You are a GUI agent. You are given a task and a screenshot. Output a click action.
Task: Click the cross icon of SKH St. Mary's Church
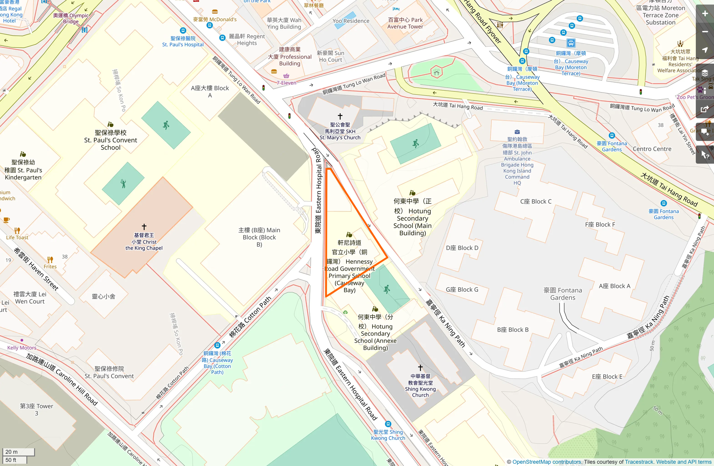coord(340,116)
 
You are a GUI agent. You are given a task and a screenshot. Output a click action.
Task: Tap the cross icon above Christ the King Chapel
coord(144,227)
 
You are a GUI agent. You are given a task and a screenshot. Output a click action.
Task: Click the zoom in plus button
coord(705,14)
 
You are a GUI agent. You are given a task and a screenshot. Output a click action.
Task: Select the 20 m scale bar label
coord(12,452)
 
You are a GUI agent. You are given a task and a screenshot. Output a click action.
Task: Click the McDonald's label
coord(215,19)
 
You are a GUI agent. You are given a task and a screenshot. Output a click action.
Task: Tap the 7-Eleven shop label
coord(286,83)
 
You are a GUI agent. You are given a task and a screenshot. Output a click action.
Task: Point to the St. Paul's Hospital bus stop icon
coord(183,31)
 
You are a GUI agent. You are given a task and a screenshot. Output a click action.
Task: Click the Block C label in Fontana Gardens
coord(535,202)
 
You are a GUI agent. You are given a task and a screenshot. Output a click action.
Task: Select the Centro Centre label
coord(652,149)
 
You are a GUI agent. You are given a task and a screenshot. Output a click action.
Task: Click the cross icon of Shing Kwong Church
coord(420,368)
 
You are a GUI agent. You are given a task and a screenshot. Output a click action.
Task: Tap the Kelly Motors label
coord(22,347)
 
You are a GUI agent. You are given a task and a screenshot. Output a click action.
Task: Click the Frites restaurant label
coord(50,266)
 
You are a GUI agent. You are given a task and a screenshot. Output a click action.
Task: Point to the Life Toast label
coord(17,238)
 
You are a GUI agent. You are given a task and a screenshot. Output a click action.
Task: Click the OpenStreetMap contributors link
coord(547,462)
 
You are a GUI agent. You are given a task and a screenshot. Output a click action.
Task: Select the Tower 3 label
coord(36,409)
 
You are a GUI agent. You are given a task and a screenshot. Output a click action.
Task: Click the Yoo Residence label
coord(351,21)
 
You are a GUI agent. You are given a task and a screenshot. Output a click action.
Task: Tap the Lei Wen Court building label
coord(30,298)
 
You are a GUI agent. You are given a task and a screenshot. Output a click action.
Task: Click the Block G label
coord(462,289)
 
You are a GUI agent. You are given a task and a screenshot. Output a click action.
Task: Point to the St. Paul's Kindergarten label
coord(23,170)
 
